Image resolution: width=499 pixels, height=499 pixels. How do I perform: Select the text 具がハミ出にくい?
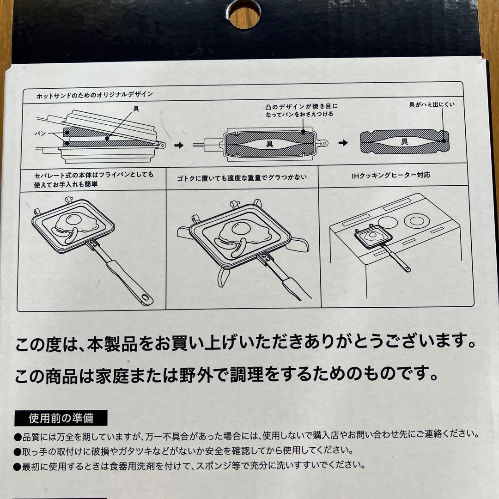432,104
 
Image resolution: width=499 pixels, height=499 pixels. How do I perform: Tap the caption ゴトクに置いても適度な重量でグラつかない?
242,177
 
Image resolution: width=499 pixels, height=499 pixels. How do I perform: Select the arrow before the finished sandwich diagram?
342,143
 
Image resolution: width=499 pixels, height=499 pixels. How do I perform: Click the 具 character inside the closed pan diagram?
269,144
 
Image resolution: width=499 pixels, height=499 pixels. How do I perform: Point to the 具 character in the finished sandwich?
404,142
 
